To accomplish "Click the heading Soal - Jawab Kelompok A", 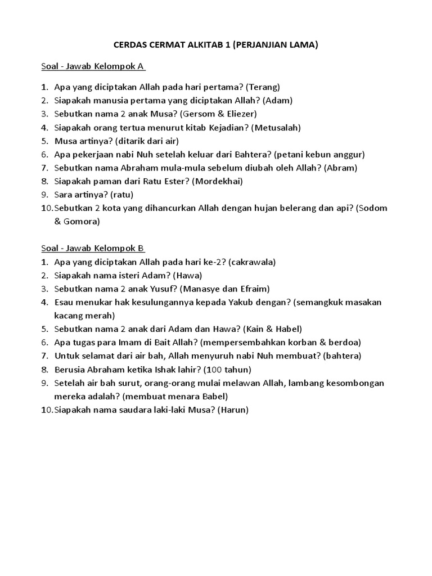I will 93,66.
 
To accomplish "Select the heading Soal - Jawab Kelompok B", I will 93,248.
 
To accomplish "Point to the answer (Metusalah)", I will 277,127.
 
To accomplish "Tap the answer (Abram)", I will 340,168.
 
